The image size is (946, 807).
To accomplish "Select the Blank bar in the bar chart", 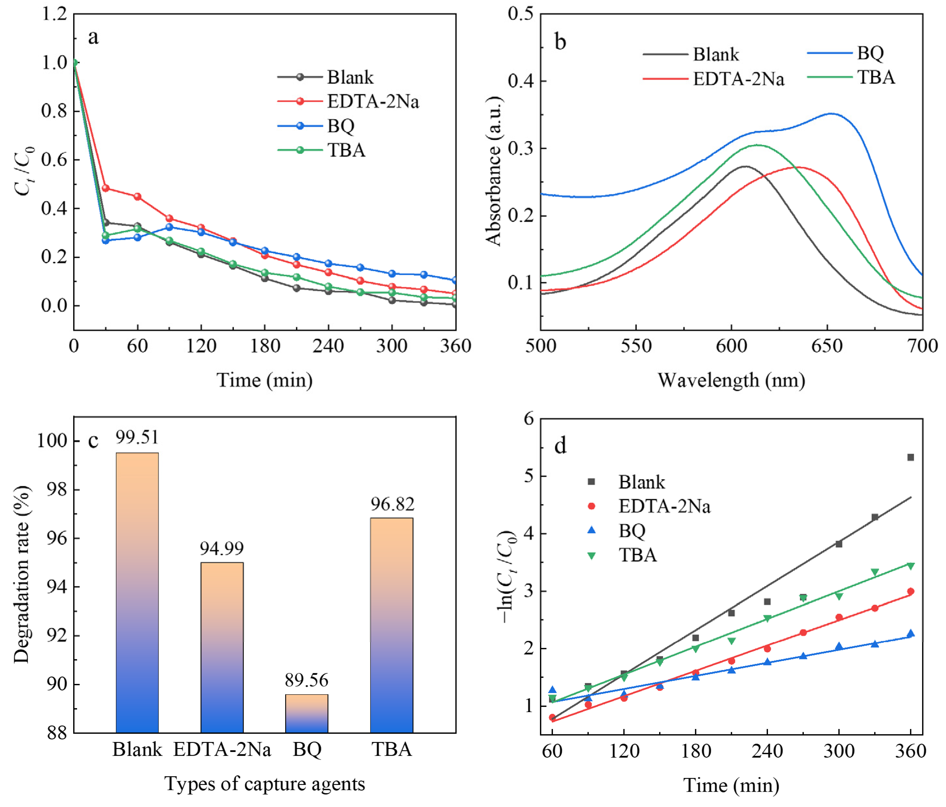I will point(137,594).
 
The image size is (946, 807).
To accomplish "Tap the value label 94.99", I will point(222,548).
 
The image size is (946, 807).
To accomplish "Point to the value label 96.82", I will point(392,504).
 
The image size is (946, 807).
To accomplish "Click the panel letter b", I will point(560,41).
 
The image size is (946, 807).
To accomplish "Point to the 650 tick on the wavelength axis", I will point(827,346).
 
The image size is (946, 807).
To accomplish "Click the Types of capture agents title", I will point(265,784).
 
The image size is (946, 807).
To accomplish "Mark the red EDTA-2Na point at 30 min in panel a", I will point(106,188).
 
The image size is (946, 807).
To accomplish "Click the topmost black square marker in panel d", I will point(910,457).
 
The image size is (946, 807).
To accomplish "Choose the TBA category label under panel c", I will point(392,749).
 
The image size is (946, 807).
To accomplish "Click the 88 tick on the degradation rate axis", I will point(57,733).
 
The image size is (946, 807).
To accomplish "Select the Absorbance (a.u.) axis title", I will point(494,171).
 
